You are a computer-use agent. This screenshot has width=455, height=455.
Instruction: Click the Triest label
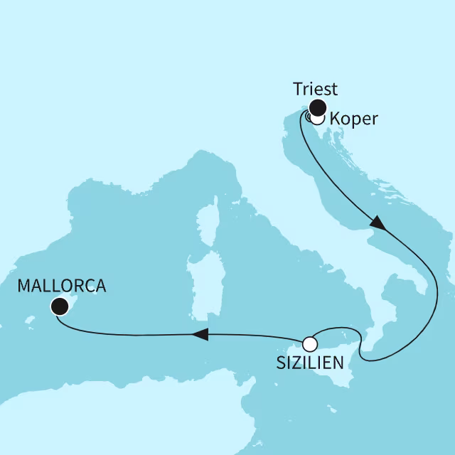(x=315, y=90)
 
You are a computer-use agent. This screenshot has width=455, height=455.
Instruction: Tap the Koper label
(x=354, y=119)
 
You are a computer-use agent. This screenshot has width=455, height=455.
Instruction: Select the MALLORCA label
(x=61, y=287)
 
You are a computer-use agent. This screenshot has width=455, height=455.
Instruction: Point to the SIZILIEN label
(x=309, y=363)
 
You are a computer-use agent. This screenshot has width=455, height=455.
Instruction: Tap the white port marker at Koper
(x=317, y=119)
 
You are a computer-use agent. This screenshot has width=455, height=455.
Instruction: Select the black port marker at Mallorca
(x=60, y=306)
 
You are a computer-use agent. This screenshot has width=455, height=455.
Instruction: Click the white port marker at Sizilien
(x=309, y=344)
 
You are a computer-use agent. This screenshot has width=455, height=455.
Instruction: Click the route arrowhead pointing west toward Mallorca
(x=201, y=334)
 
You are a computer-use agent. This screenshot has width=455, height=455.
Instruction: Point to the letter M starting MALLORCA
(x=24, y=287)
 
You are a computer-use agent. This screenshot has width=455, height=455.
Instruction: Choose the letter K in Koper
(x=336, y=119)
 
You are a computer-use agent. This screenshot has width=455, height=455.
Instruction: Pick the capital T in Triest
(x=297, y=90)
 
